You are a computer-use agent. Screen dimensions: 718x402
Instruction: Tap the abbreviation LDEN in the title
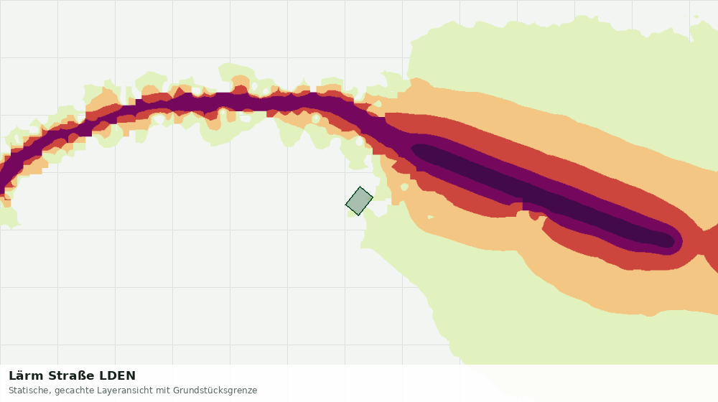click(118, 375)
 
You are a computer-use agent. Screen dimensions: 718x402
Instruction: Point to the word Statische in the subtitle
click(29, 391)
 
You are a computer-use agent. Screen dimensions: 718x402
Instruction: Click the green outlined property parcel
click(360, 201)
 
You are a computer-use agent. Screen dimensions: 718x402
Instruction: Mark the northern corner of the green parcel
click(360, 187)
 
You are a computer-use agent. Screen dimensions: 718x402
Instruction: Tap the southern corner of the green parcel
click(358, 215)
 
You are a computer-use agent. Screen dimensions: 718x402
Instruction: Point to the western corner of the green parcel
click(346, 204)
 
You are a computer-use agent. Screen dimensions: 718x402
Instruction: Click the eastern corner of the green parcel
click(373, 198)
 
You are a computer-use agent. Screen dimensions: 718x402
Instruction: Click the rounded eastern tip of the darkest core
click(673, 241)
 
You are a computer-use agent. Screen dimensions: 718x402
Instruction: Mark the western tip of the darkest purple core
click(412, 149)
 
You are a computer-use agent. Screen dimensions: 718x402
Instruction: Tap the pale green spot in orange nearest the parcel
click(404, 187)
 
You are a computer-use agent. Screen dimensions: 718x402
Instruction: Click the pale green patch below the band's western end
click(8, 216)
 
